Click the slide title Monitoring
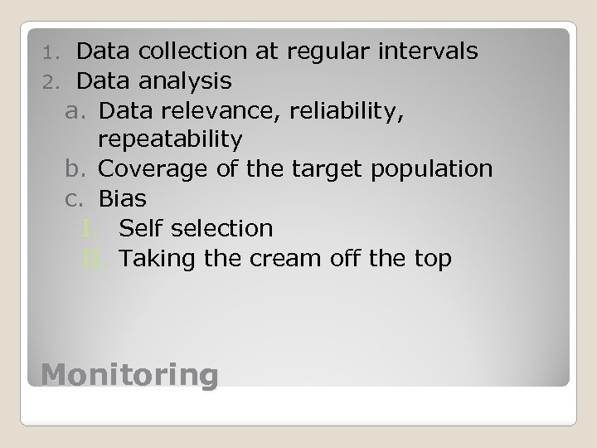point(129,375)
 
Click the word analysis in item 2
point(187,81)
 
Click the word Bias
point(123,199)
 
